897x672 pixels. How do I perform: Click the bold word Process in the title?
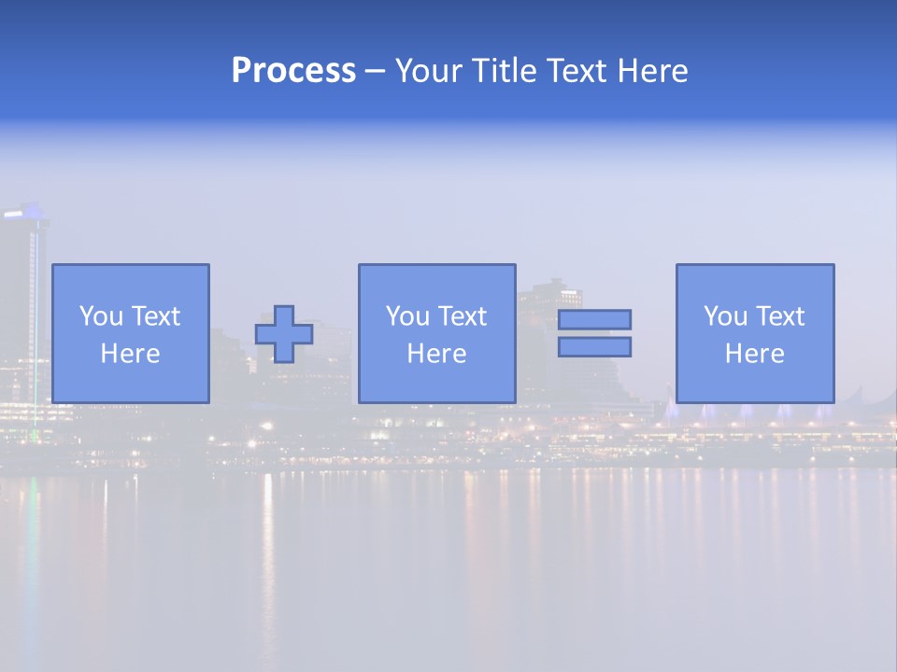(x=293, y=71)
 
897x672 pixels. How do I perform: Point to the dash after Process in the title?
(x=376, y=72)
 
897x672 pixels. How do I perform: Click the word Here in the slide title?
(x=653, y=71)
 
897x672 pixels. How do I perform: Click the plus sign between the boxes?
(x=284, y=334)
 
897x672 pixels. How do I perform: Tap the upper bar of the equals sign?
(x=594, y=319)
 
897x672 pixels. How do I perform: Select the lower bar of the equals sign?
(x=594, y=347)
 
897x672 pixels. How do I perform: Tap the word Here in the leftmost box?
(x=131, y=354)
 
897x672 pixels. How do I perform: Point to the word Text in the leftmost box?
(x=155, y=316)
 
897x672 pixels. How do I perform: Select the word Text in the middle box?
(x=462, y=316)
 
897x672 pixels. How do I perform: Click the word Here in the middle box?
(x=436, y=354)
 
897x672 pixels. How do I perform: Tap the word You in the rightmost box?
(x=725, y=316)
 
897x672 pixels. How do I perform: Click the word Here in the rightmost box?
(x=755, y=354)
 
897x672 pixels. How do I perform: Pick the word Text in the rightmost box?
(x=779, y=316)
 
